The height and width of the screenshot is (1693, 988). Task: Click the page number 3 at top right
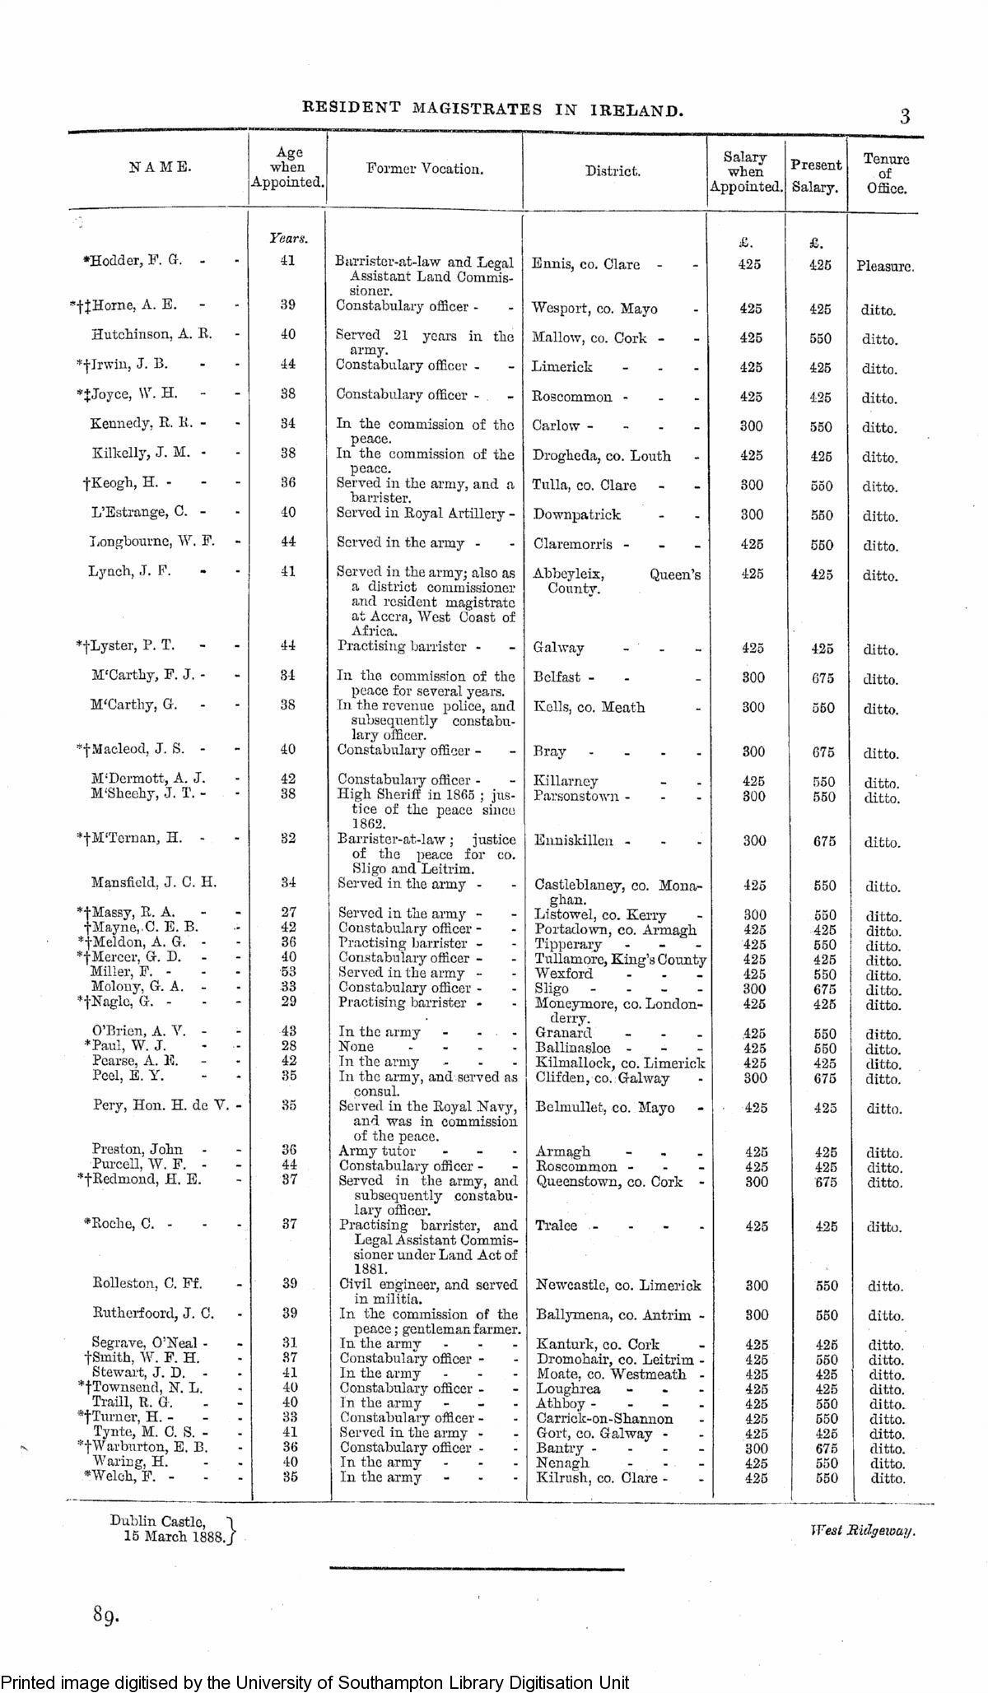coord(905,116)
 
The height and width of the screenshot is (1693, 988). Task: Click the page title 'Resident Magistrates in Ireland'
coord(493,109)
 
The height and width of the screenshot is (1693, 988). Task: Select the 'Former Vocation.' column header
coord(425,169)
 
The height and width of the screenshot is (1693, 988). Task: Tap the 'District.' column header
coord(613,171)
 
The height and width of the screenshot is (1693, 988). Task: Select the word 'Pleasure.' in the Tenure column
coord(885,267)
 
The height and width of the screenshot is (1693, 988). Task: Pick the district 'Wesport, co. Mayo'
coord(594,309)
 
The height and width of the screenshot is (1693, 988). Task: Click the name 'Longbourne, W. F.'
coord(151,542)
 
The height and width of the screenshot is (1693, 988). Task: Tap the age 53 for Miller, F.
coord(287,973)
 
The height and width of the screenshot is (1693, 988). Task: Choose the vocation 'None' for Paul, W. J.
coord(357,1047)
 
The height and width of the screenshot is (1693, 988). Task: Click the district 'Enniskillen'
coord(573,840)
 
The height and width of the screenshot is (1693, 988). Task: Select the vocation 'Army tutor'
coord(377,1151)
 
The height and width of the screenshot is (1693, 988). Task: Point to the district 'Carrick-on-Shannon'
coord(604,1418)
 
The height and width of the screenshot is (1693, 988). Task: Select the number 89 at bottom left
coord(106,1615)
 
